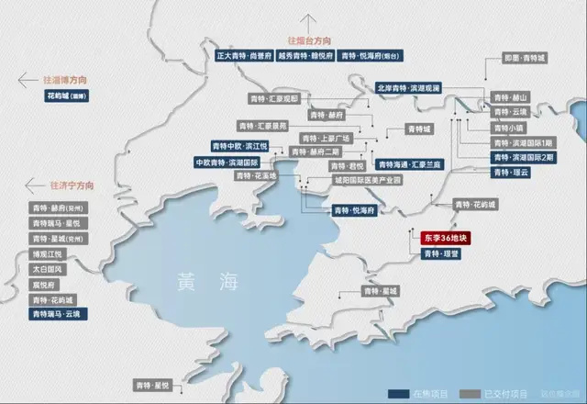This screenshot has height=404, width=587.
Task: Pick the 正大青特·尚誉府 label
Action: (243, 55)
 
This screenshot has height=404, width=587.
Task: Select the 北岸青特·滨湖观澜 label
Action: (409, 88)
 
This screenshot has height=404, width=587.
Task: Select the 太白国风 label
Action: (46, 269)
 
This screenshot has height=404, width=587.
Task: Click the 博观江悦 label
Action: (46, 253)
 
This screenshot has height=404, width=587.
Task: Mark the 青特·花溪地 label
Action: (252, 175)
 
